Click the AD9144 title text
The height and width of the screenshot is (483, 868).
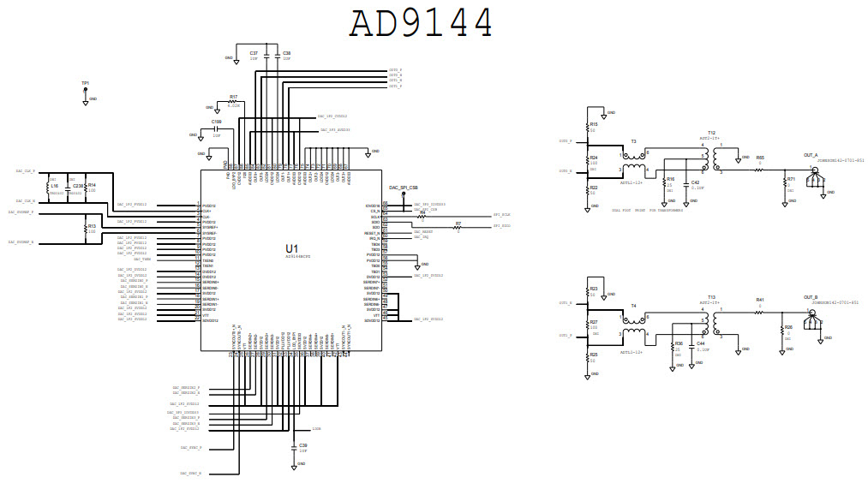(421, 23)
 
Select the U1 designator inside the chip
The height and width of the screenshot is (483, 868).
(292, 247)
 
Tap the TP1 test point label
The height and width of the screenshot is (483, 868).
(85, 84)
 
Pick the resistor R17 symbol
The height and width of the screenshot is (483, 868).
(231, 102)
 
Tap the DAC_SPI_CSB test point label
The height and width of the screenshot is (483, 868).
(403, 187)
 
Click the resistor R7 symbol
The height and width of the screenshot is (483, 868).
(458, 227)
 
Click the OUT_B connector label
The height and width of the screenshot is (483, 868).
(811, 297)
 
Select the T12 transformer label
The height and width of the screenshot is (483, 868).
(711, 133)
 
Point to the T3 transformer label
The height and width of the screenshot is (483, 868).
(633, 140)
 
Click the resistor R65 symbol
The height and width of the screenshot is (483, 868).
(758, 170)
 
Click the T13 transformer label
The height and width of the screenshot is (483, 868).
(711, 296)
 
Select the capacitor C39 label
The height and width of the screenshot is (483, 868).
(302, 445)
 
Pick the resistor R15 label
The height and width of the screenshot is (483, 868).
(593, 123)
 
